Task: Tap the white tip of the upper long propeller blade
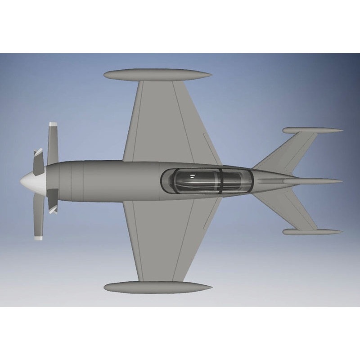(x=53, y=125)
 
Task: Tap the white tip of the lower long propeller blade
(x=38, y=237)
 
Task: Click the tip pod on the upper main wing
(x=157, y=75)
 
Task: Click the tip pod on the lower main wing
(x=157, y=287)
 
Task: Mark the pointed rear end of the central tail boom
(x=339, y=182)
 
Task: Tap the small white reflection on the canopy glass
(x=193, y=175)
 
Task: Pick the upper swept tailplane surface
(x=288, y=153)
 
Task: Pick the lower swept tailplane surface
(x=288, y=209)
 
